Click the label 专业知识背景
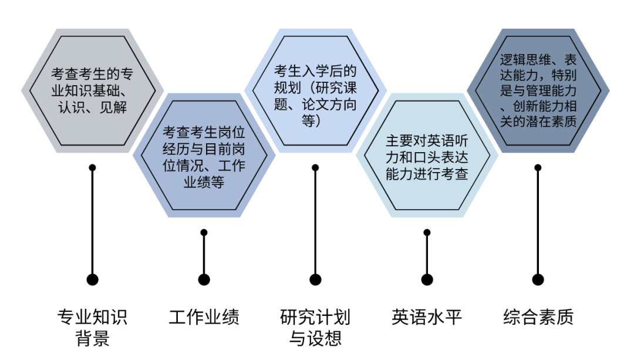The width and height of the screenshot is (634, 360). (x=92, y=328)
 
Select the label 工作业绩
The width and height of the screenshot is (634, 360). (x=204, y=317)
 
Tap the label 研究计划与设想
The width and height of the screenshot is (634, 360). (x=315, y=328)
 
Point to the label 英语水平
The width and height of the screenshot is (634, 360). (x=427, y=317)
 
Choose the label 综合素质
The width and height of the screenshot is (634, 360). (x=538, y=317)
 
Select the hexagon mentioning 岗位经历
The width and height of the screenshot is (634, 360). (x=204, y=155)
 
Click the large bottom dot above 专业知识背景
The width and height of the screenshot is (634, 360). (x=92, y=280)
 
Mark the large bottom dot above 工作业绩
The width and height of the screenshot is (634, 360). (x=204, y=280)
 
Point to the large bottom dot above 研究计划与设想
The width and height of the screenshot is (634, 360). (x=315, y=280)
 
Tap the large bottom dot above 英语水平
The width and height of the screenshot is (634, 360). (x=427, y=280)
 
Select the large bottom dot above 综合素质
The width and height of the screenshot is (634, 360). (x=538, y=280)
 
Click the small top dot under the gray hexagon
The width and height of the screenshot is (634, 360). (x=92, y=167)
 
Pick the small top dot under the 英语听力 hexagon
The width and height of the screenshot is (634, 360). (x=427, y=233)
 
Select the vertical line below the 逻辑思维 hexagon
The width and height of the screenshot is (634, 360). (x=538, y=223)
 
